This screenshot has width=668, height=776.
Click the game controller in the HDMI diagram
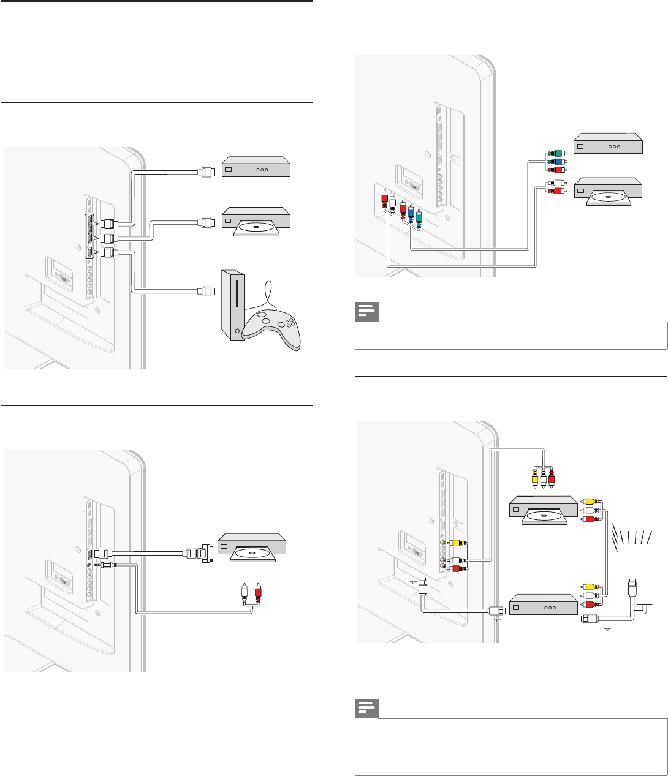[268, 328]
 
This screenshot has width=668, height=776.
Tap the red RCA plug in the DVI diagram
[258, 590]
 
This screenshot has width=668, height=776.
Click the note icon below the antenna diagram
[366, 712]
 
